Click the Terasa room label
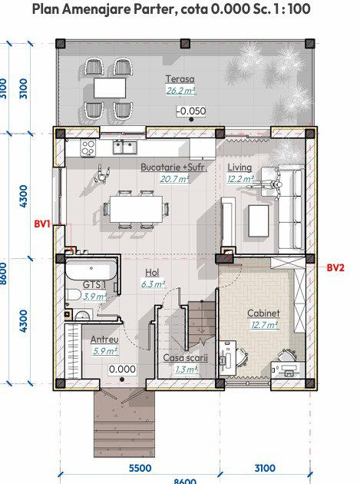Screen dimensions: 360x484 point(180,79)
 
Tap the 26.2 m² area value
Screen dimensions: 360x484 point(181,91)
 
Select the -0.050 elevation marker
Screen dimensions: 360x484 point(191,111)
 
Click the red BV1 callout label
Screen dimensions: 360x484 point(41,224)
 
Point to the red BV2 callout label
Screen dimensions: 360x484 point(335,267)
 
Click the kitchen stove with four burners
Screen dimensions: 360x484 point(88,148)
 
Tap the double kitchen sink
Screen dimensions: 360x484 point(124,147)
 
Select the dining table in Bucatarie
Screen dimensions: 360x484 point(137,209)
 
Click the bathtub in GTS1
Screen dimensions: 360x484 point(91,270)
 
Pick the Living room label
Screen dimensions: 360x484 point(239,167)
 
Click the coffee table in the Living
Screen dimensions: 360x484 point(259,221)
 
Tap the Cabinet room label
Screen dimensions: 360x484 point(263,313)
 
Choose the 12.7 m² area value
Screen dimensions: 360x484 point(265,325)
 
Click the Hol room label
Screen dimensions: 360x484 point(152,273)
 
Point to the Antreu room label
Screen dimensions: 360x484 point(104,340)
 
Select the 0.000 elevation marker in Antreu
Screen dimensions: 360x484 point(123,370)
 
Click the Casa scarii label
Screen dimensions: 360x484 point(185,358)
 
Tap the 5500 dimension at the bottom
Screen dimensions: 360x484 point(140,469)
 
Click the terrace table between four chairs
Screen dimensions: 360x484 point(110,88)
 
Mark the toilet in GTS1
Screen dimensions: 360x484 point(73,295)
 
